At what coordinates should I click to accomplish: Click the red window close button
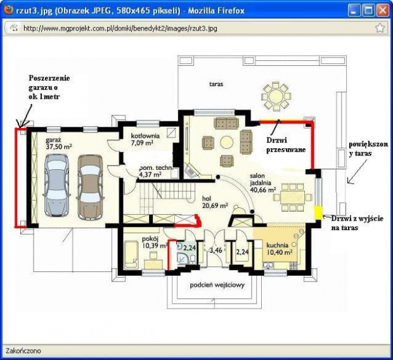[x=383, y=10]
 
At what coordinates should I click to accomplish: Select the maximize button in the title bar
[x=369, y=10]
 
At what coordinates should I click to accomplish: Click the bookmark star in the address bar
[x=380, y=28]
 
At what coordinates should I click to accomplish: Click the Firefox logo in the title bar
[x=8, y=10]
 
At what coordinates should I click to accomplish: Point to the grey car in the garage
[x=56, y=185]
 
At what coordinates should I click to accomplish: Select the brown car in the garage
[x=90, y=187]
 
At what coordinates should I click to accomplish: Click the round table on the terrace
[x=276, y=96]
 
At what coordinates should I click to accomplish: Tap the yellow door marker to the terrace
[x=318, y=212]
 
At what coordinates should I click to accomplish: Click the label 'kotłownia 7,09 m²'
[x=145, y=139]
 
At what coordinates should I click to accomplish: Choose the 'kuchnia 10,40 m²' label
[x=279, y=248]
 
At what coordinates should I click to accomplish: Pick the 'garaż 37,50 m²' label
[x=59, y=143]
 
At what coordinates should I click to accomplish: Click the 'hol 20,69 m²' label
[x=215, y=202]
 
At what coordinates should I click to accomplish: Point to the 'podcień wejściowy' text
[x=217, y=285]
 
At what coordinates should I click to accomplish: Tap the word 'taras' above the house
[x=216, y=84]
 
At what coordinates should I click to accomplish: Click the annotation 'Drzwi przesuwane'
[x=286, y=145]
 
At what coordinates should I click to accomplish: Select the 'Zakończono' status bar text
[x=23, y=350]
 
